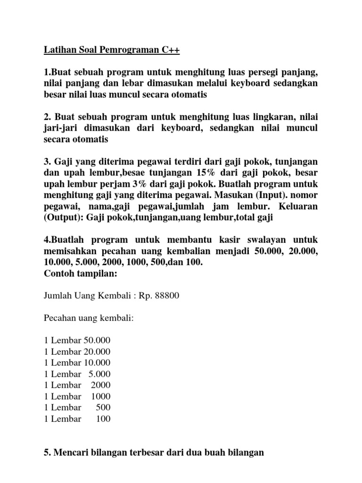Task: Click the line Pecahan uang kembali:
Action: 89,318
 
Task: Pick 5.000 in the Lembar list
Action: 99,374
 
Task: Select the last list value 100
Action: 103,418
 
